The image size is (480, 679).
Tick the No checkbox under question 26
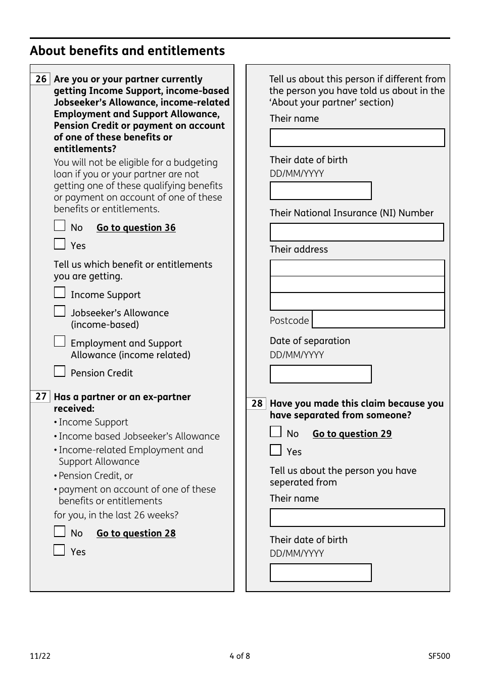point(60,226)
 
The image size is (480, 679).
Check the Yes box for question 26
point(60,244)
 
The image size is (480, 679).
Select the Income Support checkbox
point(60,293)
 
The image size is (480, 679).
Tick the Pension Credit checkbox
point(60,371)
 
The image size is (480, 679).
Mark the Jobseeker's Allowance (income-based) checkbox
point(60,311)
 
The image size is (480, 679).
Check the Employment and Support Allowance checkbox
point(60,342)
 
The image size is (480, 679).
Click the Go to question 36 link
point(136,228)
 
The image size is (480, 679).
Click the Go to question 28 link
point(136,533)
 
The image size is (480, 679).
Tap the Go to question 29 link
point(352,434)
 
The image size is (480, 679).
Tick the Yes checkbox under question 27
point(60,550)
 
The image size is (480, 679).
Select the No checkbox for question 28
point(275,432)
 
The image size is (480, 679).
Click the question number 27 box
point(41,397)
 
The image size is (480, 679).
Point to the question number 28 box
point(257,403)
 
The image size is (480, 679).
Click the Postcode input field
point(378,320)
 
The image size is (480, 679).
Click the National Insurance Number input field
point(357,232)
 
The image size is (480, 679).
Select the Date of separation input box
point(320,374)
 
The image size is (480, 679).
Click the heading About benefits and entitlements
point(127,51)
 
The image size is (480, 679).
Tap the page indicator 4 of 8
point(239,656)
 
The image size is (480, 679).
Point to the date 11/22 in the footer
point(40,656)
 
